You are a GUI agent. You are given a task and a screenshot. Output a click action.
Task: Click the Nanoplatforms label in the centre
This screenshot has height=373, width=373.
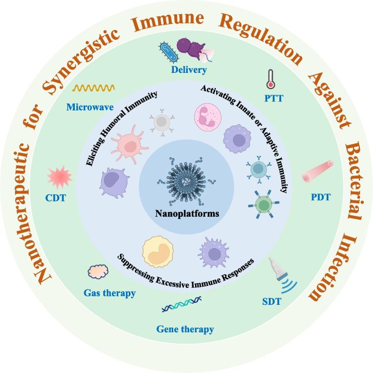pyautogui.click(x=187, y=213)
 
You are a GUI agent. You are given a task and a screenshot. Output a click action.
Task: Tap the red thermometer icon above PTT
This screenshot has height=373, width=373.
pyautogui.click(x=270, y=79)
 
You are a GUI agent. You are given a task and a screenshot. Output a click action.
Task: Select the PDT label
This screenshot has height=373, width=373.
pyautogui.click(x=320, y=197)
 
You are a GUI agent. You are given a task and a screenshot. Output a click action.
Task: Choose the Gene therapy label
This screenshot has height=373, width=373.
pyautogui.click(x=185, y=329)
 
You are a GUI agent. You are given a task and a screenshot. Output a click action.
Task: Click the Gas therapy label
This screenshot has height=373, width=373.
pyautogui.click(x=109, y=293)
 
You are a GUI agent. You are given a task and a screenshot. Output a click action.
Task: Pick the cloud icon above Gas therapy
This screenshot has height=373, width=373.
pyautogui.click(x=98, y=272)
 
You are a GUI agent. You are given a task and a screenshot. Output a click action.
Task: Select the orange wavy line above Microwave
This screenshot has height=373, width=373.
pyautogui.click(x=93, y=88)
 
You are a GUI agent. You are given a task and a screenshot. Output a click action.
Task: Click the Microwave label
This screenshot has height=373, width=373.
pyautogui.click(x=90, y=107)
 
